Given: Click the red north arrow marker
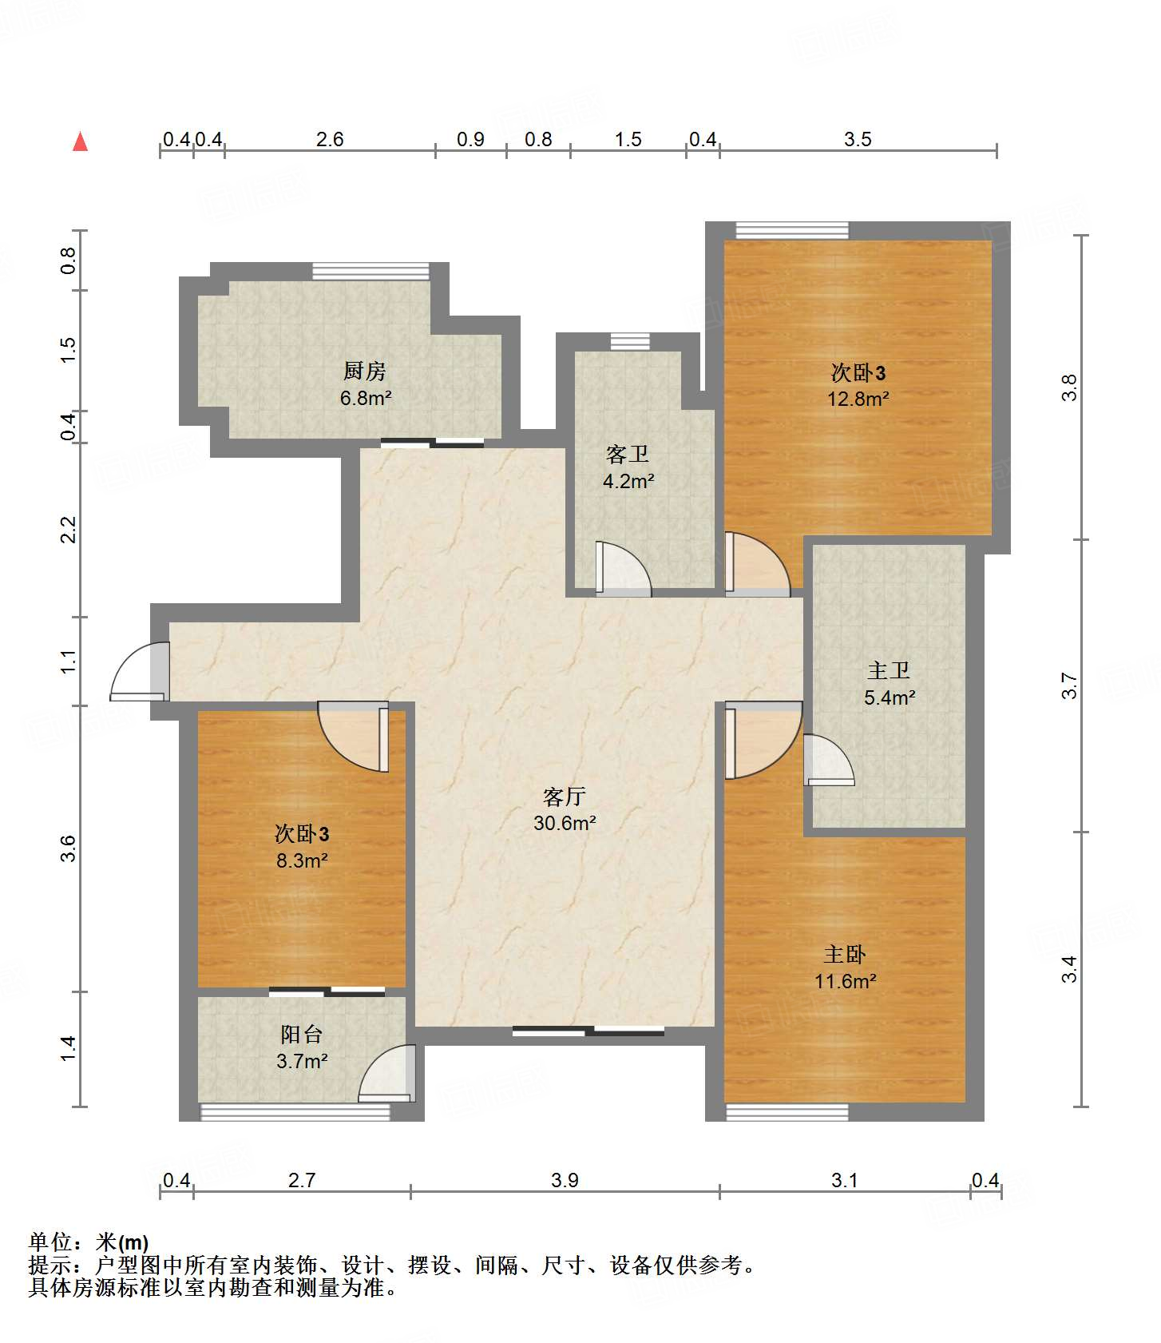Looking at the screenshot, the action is pyautogui.click(x=80, y=141).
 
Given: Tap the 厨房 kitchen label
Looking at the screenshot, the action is pyautogui.click(x=365, y=371).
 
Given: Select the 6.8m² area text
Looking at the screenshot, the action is pyautogui.click(x=366, y=398).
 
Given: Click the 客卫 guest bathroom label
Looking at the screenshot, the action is pyautogui.click(x=628, y=455).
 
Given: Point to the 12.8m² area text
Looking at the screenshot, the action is pyautogui.click(x=858, y=399).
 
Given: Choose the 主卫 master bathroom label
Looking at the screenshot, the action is pyautogui.click(x=889, y=670).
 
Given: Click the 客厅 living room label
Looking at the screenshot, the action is pyautogui.click(x=565, y=796).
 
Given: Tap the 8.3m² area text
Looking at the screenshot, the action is pyautogui.click(x=303, y=860).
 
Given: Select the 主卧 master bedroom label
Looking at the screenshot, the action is pyautogui.click(x=845, y=954).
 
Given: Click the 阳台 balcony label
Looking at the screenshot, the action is pyautogui.click(x=302, y=1035).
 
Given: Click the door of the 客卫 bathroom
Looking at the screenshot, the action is pyautogui.click(x=624, y=569).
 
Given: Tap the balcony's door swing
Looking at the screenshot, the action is pyautogui.click(x=387, y=1073).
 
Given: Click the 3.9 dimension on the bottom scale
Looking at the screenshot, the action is pyautogui.click(x=565, y=1180).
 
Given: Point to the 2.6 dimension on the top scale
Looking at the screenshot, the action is pyautogui.click(x=330, y=139).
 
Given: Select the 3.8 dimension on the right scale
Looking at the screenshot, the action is pyautogui.click(x=1069, y=388).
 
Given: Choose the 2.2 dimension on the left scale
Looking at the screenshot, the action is pyautogui.click(x=69, y=530).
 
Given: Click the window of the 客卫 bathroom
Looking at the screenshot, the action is pyautogui.click(x=630, y=342).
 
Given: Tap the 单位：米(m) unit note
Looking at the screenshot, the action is pyautogui.click(x=89, y=1242).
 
